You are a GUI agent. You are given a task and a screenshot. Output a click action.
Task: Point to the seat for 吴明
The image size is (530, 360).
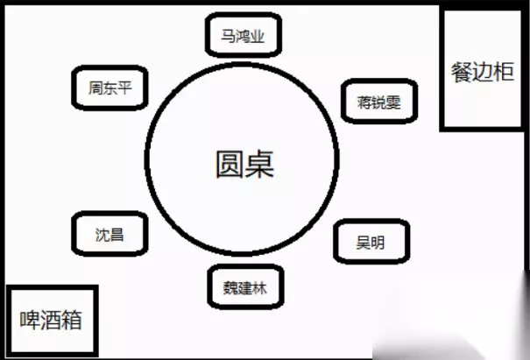(x=370, y=243)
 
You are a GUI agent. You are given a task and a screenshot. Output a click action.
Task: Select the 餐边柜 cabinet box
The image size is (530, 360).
(x=481, y=72)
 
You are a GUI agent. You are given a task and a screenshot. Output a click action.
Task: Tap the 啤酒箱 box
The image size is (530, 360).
(x=51, y=321)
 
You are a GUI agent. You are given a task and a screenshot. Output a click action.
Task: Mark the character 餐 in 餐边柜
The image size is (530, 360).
(x=462, y=73)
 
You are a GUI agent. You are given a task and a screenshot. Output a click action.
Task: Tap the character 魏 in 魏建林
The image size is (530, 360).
(x=230, y=287)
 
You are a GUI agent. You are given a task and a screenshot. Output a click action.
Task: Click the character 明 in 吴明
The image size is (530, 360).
(x=378, y=243)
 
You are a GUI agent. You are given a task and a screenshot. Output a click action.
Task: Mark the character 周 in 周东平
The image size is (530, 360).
(x=95, y=88)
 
